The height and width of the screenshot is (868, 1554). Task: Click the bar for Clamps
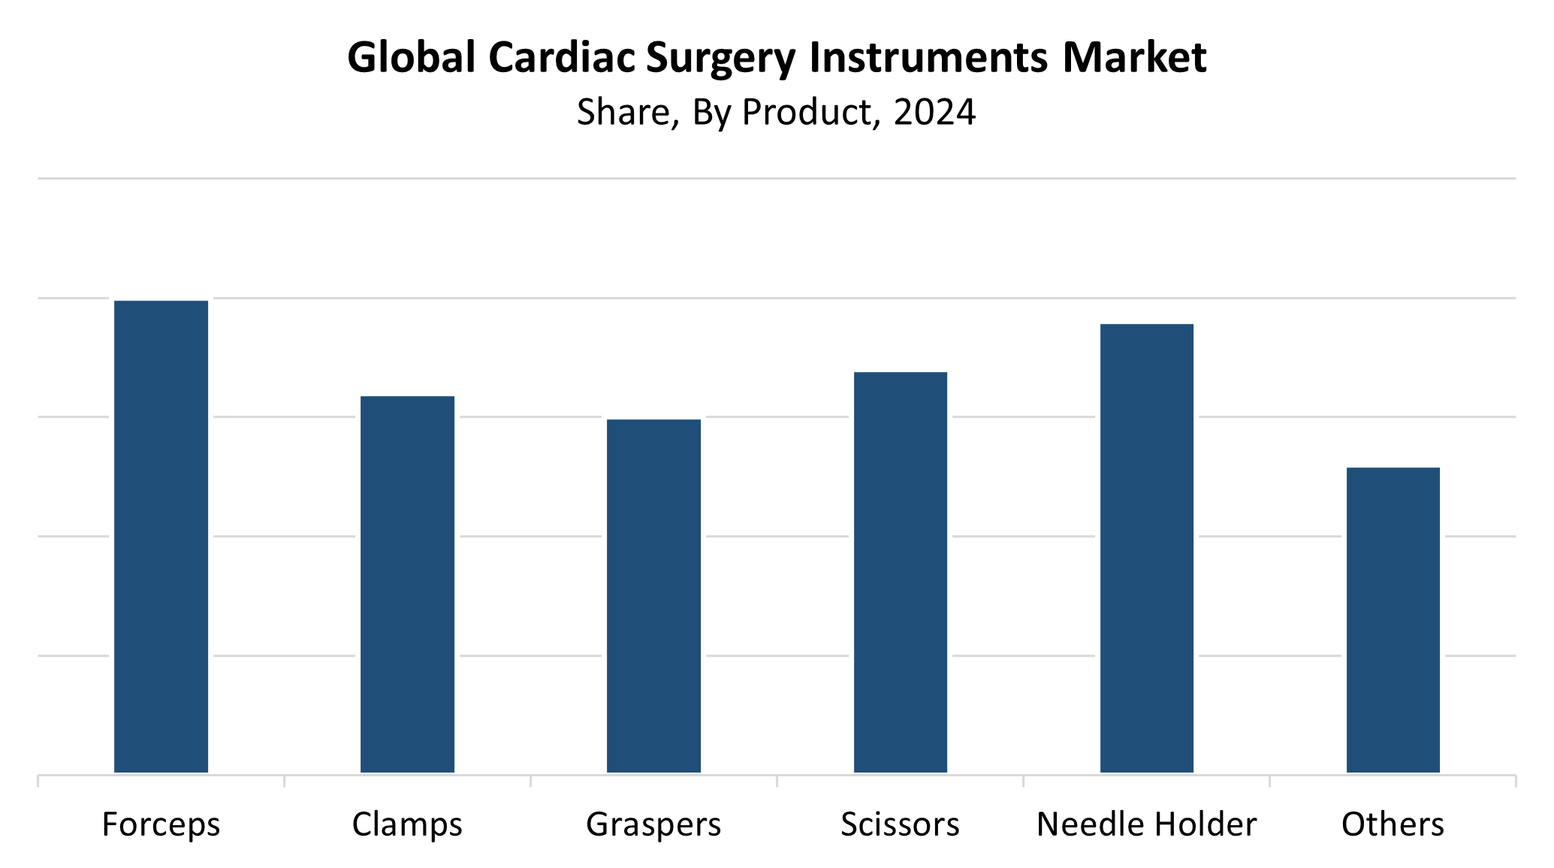(407, 584)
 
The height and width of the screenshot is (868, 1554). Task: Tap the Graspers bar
(653, 595)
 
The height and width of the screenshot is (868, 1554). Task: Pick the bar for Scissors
(900, 572)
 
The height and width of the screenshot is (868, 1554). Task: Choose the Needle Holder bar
(1146, 548)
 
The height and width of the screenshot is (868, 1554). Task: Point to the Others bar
(1393, 619)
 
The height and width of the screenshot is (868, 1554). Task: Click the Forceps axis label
(161, 825)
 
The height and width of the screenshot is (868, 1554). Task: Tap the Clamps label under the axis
(407, 825)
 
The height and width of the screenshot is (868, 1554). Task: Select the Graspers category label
(653, 825)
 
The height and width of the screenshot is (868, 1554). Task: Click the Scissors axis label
(900, 825)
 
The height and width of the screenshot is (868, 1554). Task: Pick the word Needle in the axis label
(1087, 825)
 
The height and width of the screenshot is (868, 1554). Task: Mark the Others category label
(1393, 825)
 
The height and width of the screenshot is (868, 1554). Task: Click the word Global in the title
(412, 58)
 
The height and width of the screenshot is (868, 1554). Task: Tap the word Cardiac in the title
(562, 58)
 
